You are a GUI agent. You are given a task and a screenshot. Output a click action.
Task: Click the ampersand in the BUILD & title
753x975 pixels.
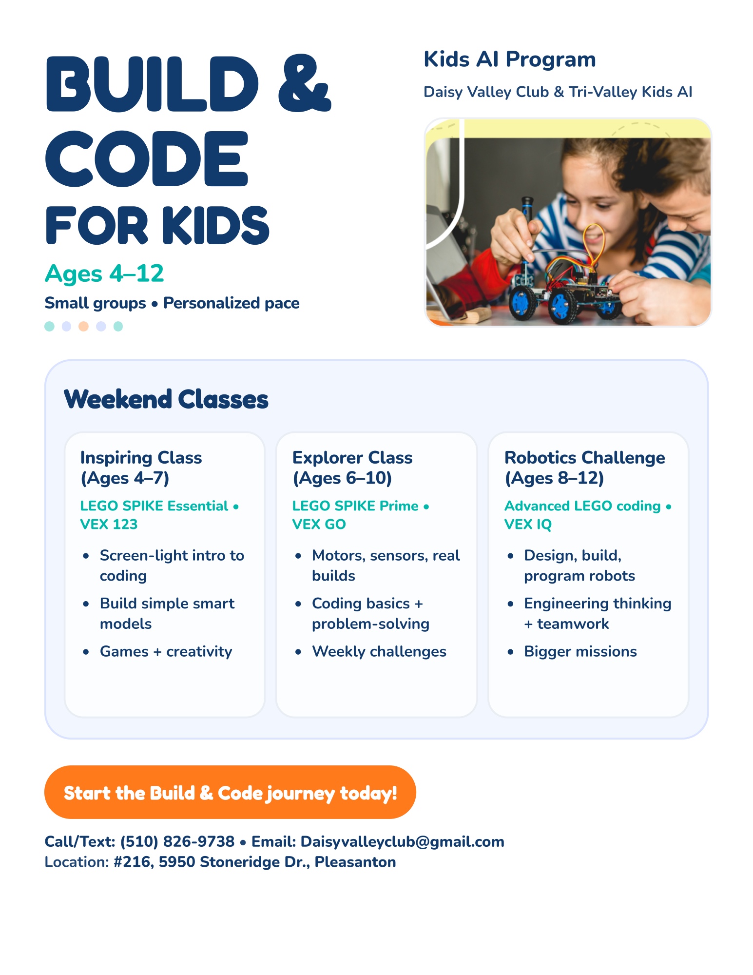click(x=304, y=84)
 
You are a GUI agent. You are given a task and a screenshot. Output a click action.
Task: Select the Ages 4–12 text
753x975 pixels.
click(x=104, y=273)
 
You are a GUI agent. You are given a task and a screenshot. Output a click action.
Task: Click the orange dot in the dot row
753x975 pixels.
click(x=83, y=326)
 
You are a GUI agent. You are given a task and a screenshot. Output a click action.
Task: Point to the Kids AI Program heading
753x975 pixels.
click(x=509, y=59)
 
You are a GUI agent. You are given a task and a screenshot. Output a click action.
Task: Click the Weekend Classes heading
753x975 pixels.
click(x=166, y=399)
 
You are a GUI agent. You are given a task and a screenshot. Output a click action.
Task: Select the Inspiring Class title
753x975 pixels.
click(x=141, y=458)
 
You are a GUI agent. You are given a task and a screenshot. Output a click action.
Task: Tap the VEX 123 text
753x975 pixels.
click(x=109, y=524)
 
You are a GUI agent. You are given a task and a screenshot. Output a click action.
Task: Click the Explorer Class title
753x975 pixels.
click(x=352, y=458)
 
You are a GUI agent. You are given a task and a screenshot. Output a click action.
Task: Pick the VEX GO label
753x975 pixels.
click(x=319, y=524)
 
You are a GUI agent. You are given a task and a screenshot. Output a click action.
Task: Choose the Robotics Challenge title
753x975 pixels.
click(x=584, y=458)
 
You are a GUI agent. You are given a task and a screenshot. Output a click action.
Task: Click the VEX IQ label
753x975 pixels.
click(x=528, y=524)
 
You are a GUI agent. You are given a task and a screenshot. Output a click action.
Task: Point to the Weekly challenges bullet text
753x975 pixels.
click(x=379, y=651)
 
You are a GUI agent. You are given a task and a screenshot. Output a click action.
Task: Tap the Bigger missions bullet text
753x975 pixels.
click(x=580, y=651)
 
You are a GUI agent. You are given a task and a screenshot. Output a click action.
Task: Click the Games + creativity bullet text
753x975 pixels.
click(x=166, y=651)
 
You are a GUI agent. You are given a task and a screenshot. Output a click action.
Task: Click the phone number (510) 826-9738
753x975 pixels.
click(x=177, y=841)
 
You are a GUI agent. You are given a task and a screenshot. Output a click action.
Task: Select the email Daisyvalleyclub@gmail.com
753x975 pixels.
click(x=402, y=841)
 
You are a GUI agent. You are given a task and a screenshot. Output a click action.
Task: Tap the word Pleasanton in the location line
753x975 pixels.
click(x=355, y=862)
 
